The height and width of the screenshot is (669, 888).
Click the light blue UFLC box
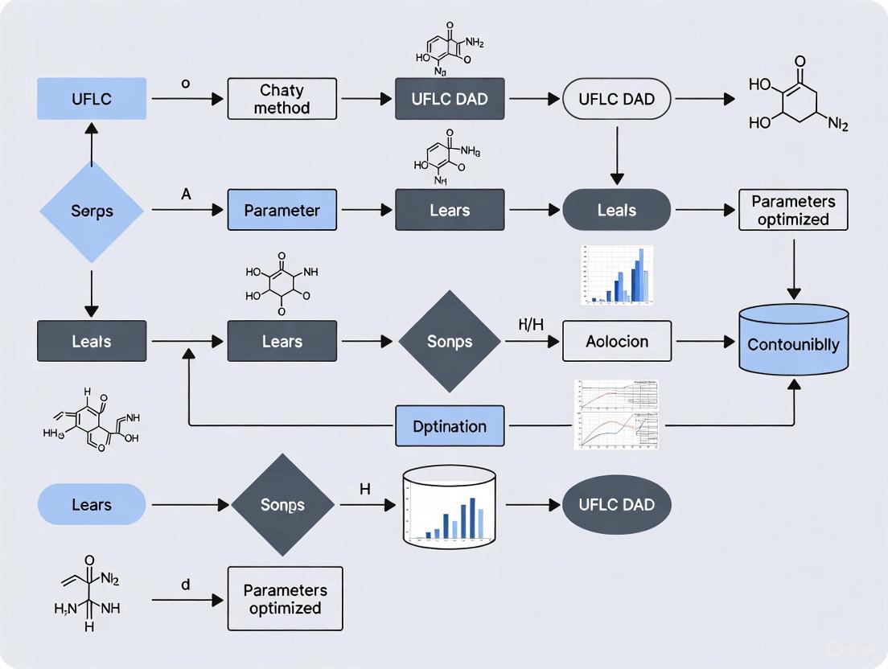pos(92,99)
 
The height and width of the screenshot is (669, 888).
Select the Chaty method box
pos(282,99)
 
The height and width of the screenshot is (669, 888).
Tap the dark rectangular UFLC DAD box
pos(450,99)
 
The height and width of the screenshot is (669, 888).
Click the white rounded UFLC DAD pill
pos(617,99)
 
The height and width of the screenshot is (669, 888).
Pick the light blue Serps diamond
pos(92,211)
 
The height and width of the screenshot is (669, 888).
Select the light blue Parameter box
pos(282,211)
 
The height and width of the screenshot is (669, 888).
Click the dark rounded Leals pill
pos(617,211)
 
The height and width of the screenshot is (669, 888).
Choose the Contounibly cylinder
pos(793,344)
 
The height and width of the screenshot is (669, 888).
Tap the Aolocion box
pos(617,341)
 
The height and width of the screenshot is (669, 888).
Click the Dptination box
pos(450,426)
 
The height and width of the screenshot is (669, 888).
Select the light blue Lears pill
pos(92,505)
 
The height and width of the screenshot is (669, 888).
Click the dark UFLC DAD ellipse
pos(617,505)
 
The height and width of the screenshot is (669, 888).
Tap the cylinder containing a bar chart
pos(448,507)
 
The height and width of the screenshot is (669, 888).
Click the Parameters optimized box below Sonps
pos(285,598)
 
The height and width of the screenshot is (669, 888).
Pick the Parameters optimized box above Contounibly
pos(793,210)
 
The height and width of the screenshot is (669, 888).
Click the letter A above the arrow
pos(186,195)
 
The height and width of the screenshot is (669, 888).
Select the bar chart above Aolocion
pos(617,276)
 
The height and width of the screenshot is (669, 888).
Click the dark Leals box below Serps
pos(92,341)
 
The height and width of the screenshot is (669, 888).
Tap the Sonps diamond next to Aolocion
pos(450,341)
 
